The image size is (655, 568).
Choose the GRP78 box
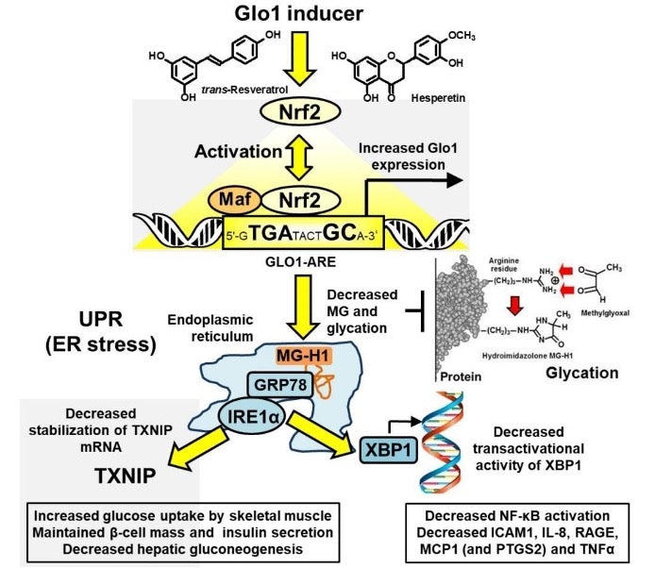(277, 385)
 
